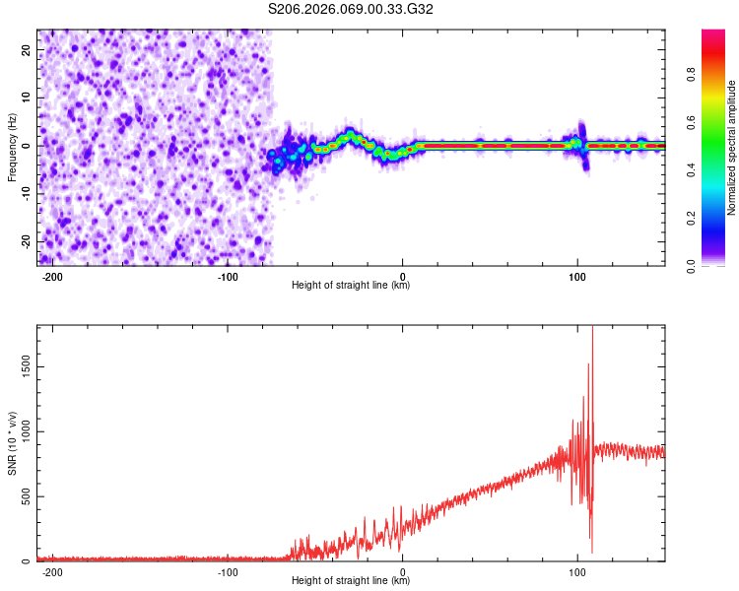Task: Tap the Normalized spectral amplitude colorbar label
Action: [732, 148]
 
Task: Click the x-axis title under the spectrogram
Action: [351, 286]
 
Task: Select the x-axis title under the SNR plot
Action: [351, 581]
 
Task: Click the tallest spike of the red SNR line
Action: [592, 331]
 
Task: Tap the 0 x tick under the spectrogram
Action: [403, 276]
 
